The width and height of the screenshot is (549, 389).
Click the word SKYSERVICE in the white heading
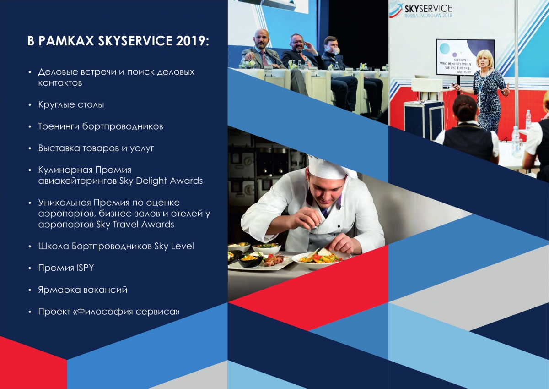point(135,40)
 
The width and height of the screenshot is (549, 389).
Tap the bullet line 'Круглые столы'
point(71,104)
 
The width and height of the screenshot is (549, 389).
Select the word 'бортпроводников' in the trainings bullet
point(123,126)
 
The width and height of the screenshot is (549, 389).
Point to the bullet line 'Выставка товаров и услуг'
point(96,148)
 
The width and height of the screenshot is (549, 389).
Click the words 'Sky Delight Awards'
point(161,181)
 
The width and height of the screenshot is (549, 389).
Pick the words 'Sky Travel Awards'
point(135,225)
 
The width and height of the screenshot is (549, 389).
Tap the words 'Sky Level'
point(174,246)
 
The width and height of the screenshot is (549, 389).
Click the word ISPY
point(85,268)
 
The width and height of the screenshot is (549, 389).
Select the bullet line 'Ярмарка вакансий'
point(83,290)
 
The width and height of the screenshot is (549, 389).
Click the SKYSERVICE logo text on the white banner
point(428,9)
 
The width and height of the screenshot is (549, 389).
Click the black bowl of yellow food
point(250,260)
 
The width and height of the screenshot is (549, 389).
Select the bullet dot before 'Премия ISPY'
point(30,268)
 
